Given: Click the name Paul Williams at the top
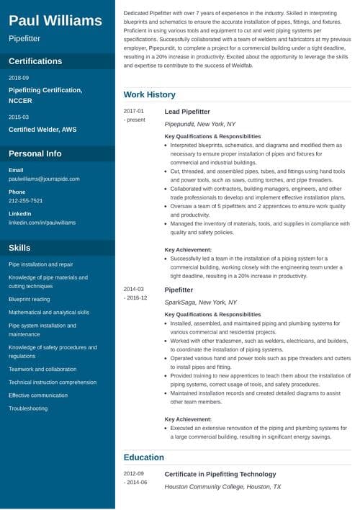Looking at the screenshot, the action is coord(55,19).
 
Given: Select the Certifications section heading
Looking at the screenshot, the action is coord(35,61).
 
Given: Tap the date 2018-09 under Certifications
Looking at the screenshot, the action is coord(19,77).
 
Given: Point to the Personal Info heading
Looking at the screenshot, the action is coord(35,153).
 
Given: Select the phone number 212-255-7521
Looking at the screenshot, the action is coord(25,200).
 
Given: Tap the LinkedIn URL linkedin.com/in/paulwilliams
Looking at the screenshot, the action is coord(42,223).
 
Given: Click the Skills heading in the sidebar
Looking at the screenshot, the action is coord(19,248).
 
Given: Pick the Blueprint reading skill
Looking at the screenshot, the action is coord(30,299).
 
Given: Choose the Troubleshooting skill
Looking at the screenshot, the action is coord(28,408).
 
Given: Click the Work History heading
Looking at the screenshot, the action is coord(149,94).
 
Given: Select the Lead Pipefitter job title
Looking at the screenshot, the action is coord(186,112).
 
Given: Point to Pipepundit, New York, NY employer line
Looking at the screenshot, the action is coord(200,124).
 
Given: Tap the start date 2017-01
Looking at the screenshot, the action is coord(134,111).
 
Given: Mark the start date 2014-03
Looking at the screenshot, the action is coord(134,289).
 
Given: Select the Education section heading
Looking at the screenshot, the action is coord(143,457).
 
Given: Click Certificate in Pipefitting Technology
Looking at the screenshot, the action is coord(220,474).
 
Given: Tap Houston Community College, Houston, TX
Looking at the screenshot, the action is coord(223,487).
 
